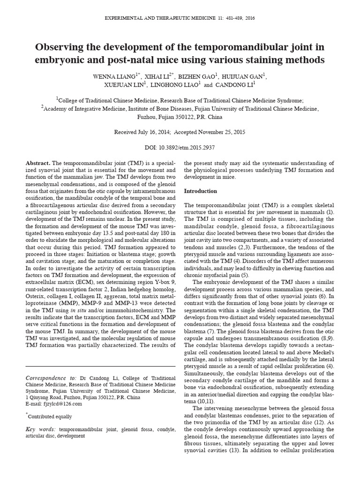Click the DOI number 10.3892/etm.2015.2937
(x=186, y=147)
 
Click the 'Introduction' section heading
(x=200, y=191)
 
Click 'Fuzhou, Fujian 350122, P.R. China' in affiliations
(x=180, y=116)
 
